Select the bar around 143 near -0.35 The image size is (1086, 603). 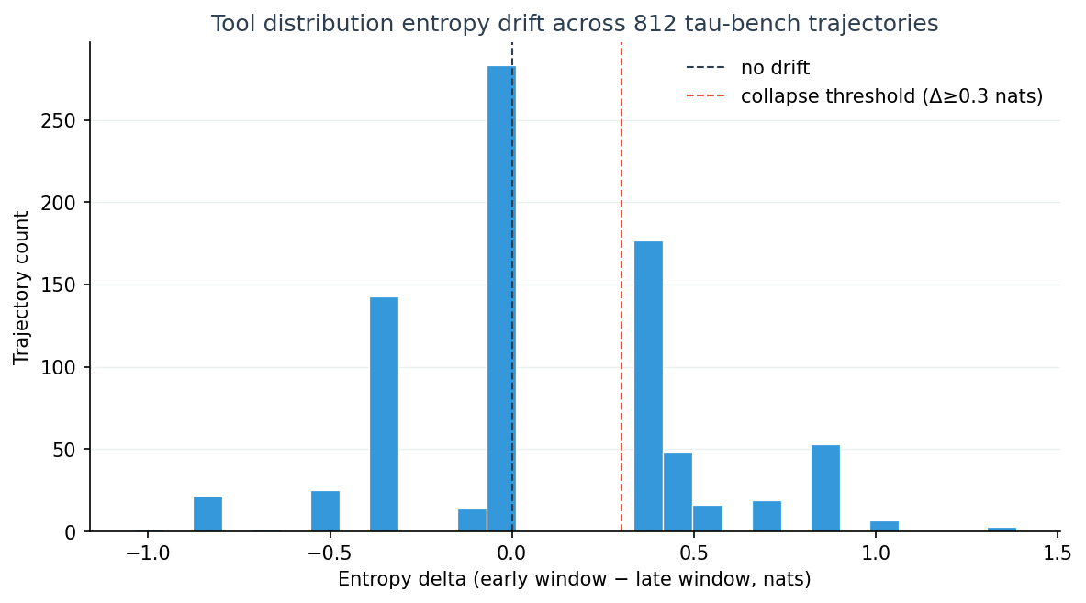pyautogui.click(x=384, y=414)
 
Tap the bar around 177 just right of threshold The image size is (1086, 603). pyautogui.click(x=648, y=386)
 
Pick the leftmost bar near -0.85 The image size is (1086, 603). pyautogui.click(x=207, y=514)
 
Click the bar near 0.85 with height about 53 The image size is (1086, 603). pyautogui.click(x=825, y=488)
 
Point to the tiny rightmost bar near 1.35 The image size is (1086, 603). pyautogui.click(x=1002, y=530)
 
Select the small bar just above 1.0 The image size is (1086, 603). pyautogui.click(x=884, y=526)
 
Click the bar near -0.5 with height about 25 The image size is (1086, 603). pyautogui.click(x=325, y=511)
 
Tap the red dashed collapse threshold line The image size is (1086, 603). pyautogui.click(x=621, y=275)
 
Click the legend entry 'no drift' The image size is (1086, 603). pyautogui.click(x=775, y=68)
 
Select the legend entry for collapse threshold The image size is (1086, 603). pyautogui.click(x=891, y=96)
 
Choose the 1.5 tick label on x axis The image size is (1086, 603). pyautogui.click(x=1058, y=553)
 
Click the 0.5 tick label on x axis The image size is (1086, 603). pyautogui.click(x=693, y=553)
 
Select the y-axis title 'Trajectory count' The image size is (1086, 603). pyautogui.click(x=21, y=287)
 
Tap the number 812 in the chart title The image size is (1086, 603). pyautogui.click(x=580, y=24)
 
